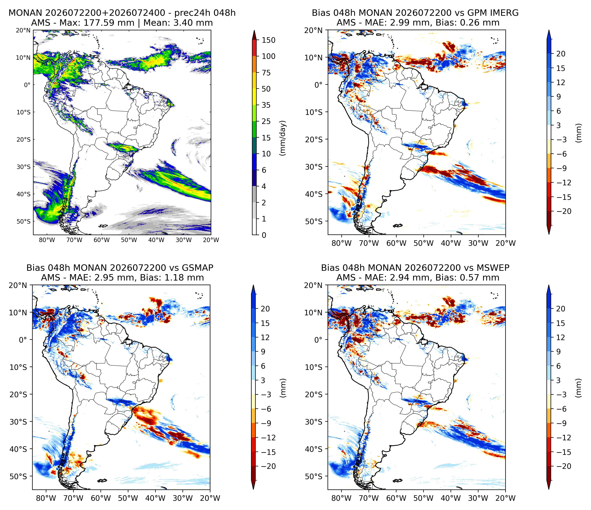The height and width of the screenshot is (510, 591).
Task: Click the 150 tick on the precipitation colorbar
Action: pyautogui.click(x=268, y=40)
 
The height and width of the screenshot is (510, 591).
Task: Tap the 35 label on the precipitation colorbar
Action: pyautogui.click(x=266, y=105)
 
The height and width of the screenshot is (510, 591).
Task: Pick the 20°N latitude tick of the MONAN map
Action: pyautogui.click(x=23, y=30)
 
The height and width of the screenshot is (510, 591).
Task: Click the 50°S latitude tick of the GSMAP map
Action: pyautogui.click(x=18, y=476)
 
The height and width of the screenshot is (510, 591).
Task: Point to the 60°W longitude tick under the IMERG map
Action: pyautogui.click(x=396, y=243)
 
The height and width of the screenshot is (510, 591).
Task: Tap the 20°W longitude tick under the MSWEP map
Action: pyautogui.click(x=505, y=498)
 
